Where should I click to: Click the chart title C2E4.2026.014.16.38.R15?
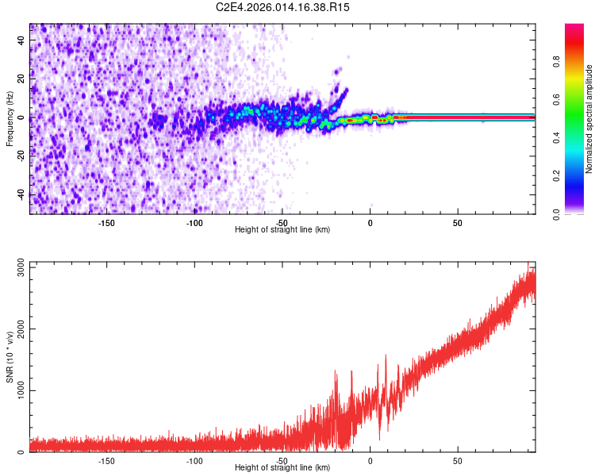click(282, 7)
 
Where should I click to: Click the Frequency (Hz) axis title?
click(10, 118)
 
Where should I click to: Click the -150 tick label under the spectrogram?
click(106, 223)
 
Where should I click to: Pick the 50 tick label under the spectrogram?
click(458, 223)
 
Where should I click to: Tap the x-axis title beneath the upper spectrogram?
click(282, 230)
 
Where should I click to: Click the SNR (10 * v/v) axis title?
click(10, 360)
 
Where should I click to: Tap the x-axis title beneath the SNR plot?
click(282, 468)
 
